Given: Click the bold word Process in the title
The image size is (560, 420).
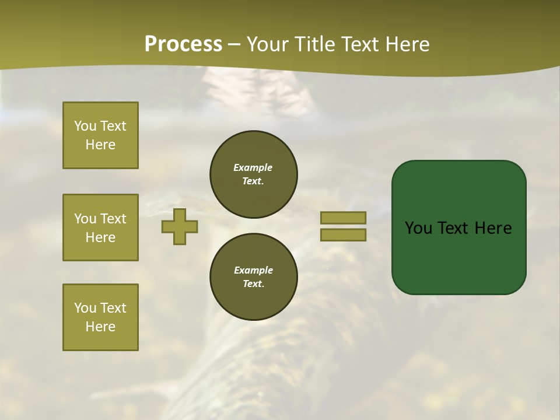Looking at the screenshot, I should pyautogui.click(x=183, y=44).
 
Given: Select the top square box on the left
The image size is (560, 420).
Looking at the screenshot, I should pyautogui.click(x=100, y=135).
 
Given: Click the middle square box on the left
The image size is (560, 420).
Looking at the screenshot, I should pyautogui.click(x=100, y=228).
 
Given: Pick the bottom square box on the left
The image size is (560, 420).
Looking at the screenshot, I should pyautogui.click(x=100, y=317).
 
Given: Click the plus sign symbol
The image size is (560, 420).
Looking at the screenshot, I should pyautogui.click(x=180, y=226).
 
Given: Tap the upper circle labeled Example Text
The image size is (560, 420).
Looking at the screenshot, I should pyautogui.click(x=254, y=174).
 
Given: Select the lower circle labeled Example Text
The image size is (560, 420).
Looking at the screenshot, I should pyautogui.click(x=254, y=277).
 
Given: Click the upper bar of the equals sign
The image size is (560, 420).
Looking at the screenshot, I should pyautogui.click(x=343, y=218).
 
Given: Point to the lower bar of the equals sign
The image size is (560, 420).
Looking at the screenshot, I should pyautogui.click(x=343, y=235).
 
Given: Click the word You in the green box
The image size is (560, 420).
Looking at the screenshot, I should pyautogui.click(x=418, y=228).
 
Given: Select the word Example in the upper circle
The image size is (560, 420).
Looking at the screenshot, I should pyautogui.click(x=253, y=167).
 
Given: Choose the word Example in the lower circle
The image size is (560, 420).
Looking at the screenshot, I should pyautogui.click(x=253, y=270).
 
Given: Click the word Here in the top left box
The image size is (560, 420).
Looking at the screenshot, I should pyautogui.click(x=100, y=145).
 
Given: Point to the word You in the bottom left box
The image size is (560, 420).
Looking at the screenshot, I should pyautogui.click(x=85, y=308).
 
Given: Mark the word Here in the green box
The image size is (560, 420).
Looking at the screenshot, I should pyautogui.click(x=492, y=228).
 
